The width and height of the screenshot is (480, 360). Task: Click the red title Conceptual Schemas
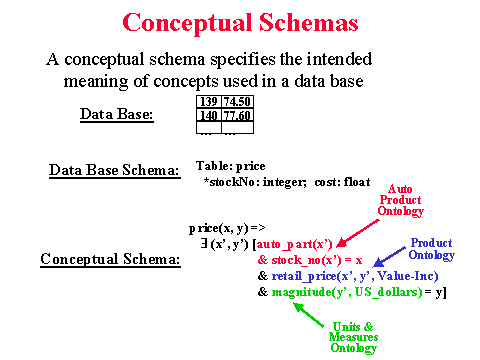(x=240, y=23)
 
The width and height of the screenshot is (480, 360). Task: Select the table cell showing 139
(x=209, y=102)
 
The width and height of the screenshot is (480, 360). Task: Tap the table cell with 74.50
(x=237, y=102)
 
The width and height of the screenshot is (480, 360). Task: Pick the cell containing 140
(x=209, y=115)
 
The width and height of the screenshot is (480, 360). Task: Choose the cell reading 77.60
(x=237, y=115)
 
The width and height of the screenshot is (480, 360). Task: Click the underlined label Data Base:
(x=117, y=114)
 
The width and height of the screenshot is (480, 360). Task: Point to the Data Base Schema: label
(x=115, y=170)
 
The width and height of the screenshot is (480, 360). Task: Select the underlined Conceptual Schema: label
(x=110, y=259)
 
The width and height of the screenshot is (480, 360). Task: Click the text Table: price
(x=231, y=166)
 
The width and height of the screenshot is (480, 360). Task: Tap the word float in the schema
(x=357, y=182)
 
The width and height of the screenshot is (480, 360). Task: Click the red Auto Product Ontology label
(x=400, y=200)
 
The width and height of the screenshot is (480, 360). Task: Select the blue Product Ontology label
(x=432, y=249)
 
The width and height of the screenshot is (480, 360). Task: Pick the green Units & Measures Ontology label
(x=354, y=337)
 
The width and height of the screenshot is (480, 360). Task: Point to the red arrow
(x=357, y=233)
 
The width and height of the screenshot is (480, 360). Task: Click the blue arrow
(x=389, y=257)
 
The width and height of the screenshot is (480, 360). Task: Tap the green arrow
(x=308, y=315)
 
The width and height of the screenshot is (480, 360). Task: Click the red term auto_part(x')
(x=295, y=244)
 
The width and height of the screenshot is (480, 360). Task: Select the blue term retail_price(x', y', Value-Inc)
(x=355, y=276)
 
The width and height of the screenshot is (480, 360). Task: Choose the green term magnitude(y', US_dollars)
(x=347, y=292)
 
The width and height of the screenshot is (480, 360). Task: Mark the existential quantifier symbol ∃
(x=204, y=244)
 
